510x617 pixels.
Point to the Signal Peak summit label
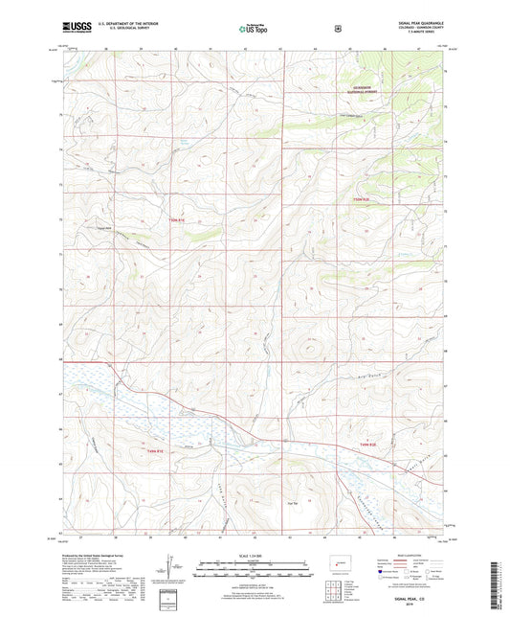pyautogui.click(x=103, y=227)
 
